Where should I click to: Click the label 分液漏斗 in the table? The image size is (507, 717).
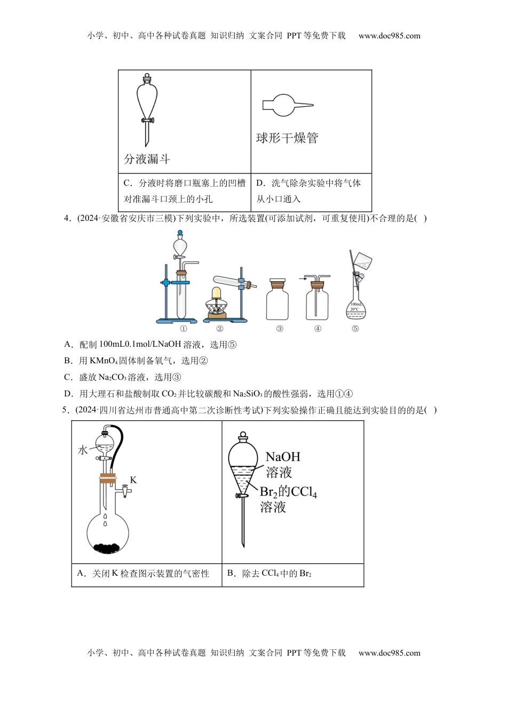(147, 159)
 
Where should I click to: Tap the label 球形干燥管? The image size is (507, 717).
(287, 138)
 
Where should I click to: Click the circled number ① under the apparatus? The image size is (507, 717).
(183, 329)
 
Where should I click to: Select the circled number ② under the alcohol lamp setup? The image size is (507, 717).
(219, 329)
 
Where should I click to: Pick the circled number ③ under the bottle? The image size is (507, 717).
(279, 329)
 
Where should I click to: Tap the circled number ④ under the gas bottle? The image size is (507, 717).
(318, 329)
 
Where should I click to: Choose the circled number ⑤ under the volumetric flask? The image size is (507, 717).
(355, 329)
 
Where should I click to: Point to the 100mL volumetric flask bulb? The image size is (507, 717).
(355, 308)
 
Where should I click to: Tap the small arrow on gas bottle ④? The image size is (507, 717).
(302, 278)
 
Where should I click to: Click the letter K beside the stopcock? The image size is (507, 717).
(133, 480)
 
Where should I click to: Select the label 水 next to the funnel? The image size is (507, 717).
(83, 450)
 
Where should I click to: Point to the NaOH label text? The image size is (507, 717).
(283, 457)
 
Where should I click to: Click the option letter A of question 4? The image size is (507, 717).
(67, 345)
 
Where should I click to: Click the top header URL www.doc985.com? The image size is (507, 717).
(389, 36)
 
